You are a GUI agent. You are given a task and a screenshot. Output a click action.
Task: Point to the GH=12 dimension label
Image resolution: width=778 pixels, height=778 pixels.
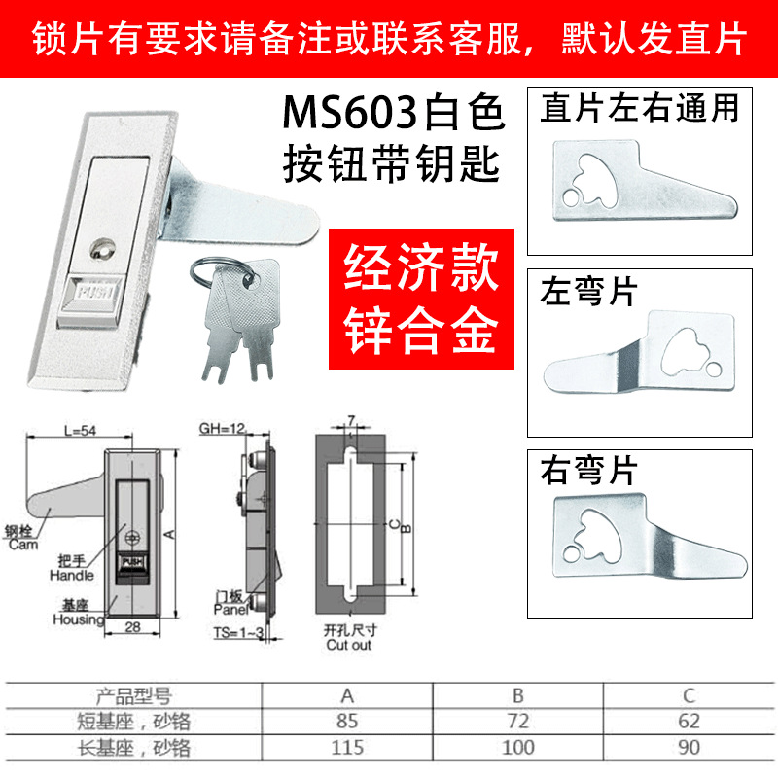point(220,430)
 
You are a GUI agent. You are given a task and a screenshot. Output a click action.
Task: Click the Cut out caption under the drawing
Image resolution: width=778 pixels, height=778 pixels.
point(348,644)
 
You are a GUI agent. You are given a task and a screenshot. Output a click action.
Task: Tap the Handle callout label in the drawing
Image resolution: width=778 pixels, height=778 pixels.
point(70,576)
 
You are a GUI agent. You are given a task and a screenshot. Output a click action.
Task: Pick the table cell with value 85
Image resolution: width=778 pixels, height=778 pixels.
point(347,722)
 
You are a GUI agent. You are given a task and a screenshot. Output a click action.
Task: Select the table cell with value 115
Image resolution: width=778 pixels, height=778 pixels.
point(347,748)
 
